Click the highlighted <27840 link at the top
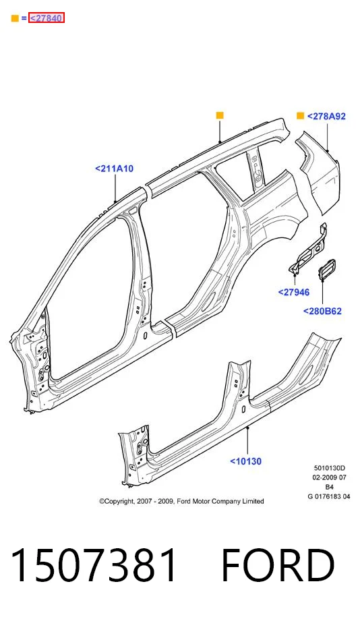(46, 18)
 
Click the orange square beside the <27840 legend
(15, 18)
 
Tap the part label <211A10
(115, 169)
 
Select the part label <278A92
(326, 116)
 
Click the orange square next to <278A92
(300, 116)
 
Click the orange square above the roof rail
(220, 115)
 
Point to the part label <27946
(294, 292)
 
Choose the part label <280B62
(322, 311)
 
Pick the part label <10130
(246, 461)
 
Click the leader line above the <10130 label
(247, 440)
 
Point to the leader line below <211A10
(115, 188)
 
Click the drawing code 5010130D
(329, 468)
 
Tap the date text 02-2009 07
(329, 477)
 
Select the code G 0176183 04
(329, 496)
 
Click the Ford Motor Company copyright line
(181, 501)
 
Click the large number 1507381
(94, 565)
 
